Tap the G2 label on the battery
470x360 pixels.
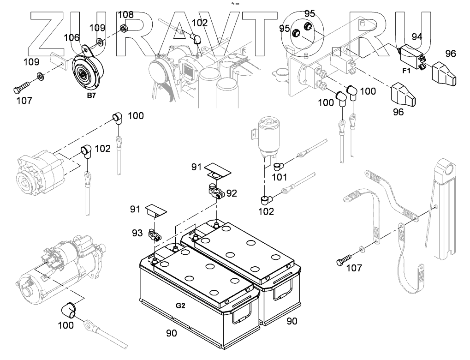pos(180,305)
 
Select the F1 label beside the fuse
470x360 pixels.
pos(406,71)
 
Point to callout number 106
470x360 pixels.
pos(71,37)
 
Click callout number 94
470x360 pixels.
pos(417,36)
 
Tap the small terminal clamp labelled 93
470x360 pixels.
pos(154,235)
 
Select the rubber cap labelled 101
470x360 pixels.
pos(278,165)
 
